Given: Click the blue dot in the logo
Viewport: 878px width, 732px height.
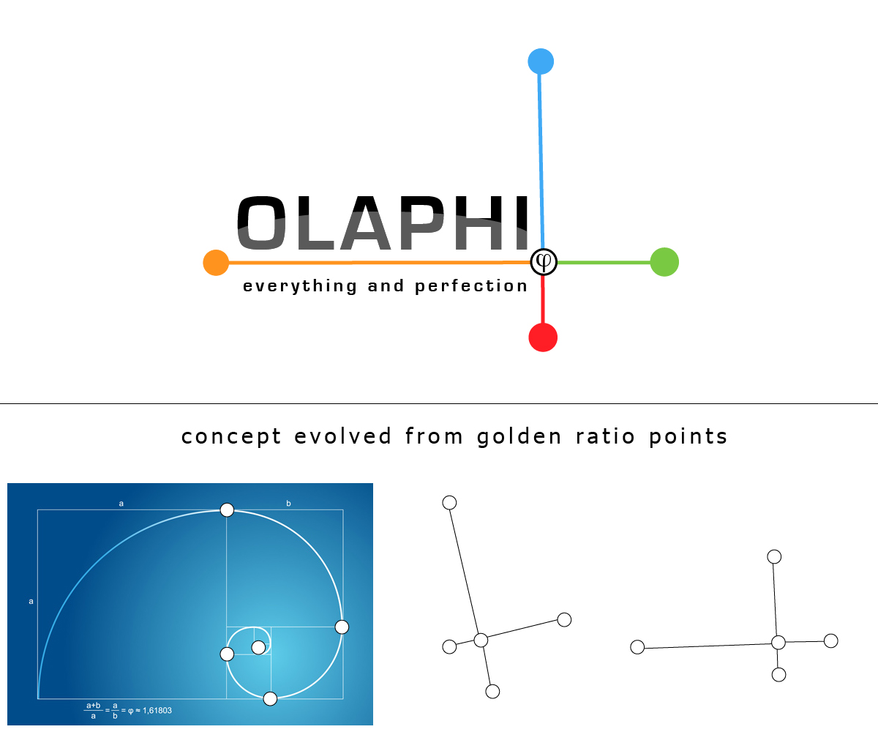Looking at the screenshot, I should click(x=541, y=61).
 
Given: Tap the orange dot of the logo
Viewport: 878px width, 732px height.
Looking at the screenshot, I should click(x=216, y=262).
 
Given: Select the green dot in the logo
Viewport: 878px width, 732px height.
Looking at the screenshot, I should click(x=664, y=262).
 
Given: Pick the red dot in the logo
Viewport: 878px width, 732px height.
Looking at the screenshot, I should click(x=543, y=337).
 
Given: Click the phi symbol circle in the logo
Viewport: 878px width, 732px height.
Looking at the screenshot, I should click(x=544, y=261).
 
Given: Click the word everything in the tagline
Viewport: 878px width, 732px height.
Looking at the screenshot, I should click(x=300, y=286).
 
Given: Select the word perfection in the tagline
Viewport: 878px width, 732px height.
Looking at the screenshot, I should click(x=471, y=286).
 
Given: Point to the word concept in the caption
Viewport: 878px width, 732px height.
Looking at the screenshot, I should click(x=231, y=437).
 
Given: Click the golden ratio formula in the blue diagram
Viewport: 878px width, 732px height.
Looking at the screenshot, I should click(x=128, y=709).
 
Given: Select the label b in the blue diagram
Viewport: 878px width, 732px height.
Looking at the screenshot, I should click(x=288, y=504).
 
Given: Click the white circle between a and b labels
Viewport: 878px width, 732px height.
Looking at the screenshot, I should click(x=227, y=509).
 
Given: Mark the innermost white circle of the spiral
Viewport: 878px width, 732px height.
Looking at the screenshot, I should click(x=258, y=647).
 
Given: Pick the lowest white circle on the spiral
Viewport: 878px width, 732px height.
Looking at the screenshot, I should click(x=270, y=698).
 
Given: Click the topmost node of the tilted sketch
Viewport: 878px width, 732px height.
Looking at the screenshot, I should click(x=450, y=502).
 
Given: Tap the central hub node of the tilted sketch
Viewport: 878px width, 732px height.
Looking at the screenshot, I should click(x=481, y=640).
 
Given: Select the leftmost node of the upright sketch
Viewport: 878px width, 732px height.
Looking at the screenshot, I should click(x=637, y=647).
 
